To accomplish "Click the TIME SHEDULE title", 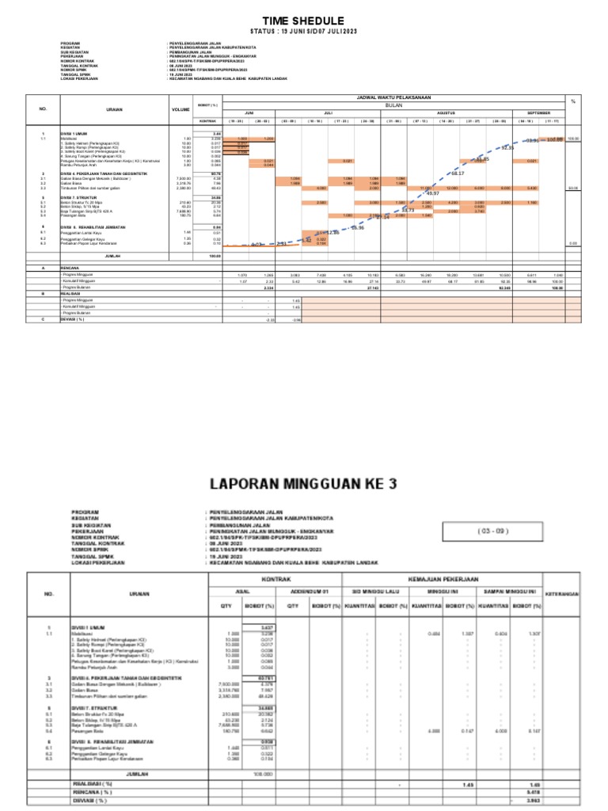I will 303,20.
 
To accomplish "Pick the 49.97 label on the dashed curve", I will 431,192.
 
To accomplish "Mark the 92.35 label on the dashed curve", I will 507,148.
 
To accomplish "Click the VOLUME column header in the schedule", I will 180,109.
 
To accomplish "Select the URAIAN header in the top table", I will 114,109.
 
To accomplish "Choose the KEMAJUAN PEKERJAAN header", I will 446,581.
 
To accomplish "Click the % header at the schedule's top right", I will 572,101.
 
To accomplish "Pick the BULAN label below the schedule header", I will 393,105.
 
